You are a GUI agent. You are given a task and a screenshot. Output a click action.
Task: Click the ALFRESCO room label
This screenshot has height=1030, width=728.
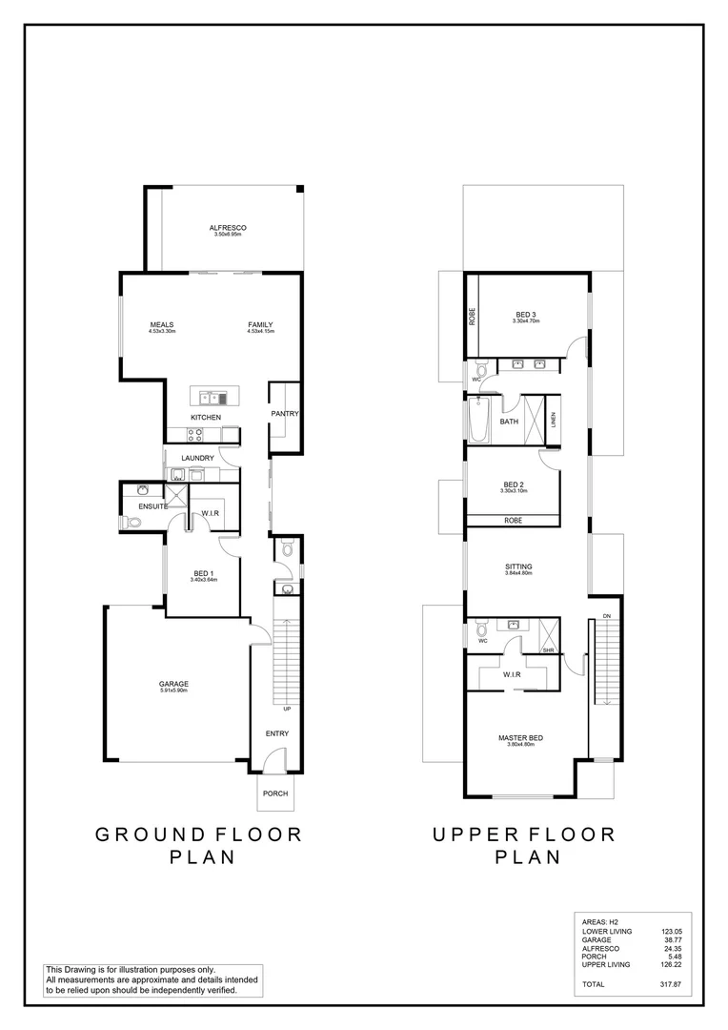pyautogui.click(x=229, y=227)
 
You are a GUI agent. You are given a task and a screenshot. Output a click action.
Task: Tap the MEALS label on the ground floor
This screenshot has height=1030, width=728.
pyautogui.click(x=162, y=324)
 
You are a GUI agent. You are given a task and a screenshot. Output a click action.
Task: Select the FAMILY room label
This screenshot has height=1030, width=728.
pyautogui.click(x=260, y=324)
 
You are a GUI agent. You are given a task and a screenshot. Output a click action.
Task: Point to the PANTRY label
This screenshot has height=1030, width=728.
pyautogui.click(x=285, y=414)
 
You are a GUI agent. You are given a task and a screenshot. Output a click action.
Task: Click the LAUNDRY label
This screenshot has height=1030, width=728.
pyautogui.click(x=197, y=458)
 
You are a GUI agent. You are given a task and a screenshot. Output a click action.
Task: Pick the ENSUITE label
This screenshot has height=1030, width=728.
pyautogui.click(x=153, y=506)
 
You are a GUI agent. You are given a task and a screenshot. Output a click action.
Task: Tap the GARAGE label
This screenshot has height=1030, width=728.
pyautogui.click(x=173, y=684)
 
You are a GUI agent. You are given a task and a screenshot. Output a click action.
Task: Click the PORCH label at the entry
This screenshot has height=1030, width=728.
pyautogui.click(x=275, y=793)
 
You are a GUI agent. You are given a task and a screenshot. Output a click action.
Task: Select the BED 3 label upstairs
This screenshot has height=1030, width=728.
pyautogui.click(x=526, y=315)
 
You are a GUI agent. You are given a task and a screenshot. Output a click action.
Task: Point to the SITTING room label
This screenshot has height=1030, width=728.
pyautogui.click(x=518, y=566)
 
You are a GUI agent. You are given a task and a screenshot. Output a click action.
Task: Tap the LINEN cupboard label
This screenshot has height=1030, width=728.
pyautogui.click(x=553, y=420)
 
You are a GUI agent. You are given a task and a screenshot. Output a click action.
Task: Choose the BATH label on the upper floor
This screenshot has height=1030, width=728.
pyautogui.click(x=509, y=421)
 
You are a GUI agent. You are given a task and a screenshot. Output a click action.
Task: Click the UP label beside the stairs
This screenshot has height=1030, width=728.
pyautogui.click(x=286, y=710)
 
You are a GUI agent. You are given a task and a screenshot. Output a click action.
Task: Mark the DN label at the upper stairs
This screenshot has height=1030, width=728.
pyautogui.click(x=607, y=616)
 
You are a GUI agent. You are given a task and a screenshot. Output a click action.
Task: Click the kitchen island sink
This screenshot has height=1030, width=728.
pyautogui.click(x=212, y=397)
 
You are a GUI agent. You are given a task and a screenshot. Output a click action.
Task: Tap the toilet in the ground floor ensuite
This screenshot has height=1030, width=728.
pyautogui.click(x=132, y=522)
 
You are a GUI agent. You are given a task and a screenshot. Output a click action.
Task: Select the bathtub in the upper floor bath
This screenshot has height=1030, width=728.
pyautogui.click(x=478, y=421)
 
